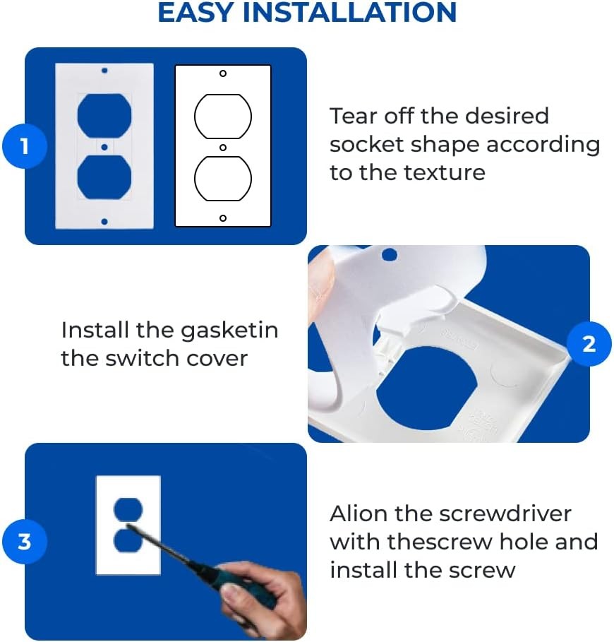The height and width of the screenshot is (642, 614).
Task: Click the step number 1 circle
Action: (x=25, y=146)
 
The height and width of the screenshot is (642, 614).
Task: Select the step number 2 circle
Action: (x=589, y=344)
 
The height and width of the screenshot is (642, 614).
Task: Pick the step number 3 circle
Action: (x=25, y=542)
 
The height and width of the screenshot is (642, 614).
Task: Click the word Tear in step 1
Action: (x=354, y=116)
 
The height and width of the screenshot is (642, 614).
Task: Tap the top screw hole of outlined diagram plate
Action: (x=223, y=73)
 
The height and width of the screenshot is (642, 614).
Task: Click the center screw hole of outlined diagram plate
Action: (x=223, y=148)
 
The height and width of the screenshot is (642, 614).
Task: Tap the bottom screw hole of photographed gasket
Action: (x=104, y=222)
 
